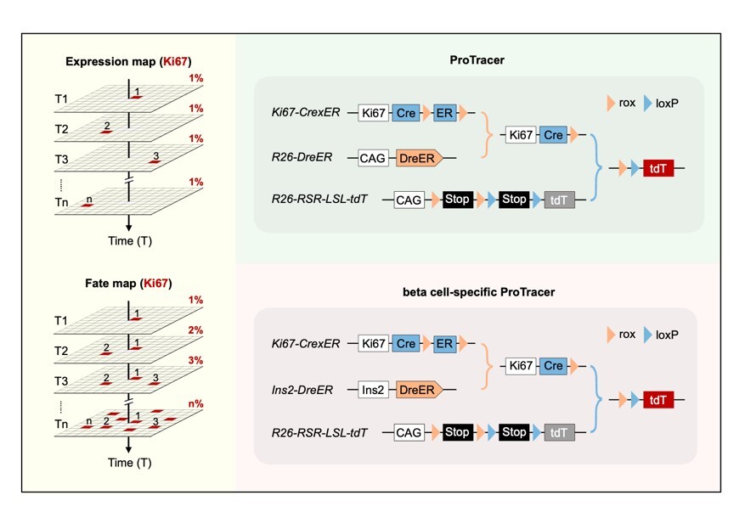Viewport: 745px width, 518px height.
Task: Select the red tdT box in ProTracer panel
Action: point(659,168)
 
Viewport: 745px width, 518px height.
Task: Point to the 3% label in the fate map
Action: point(196,361)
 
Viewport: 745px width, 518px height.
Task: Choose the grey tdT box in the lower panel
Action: point(559,433)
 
